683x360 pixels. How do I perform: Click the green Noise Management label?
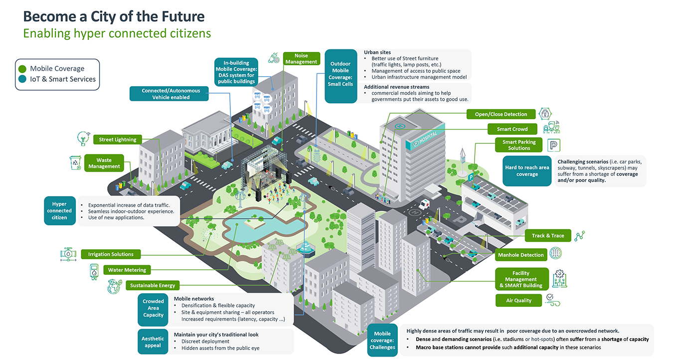tap(301, 59)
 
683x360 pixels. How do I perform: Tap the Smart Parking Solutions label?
tap(519, 145)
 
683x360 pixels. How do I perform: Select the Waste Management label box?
tap(104, 164)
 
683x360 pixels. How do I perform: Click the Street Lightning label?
tap(118, 140)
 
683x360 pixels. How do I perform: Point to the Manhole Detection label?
tap(521, 255)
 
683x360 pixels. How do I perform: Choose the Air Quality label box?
tap(519, 300)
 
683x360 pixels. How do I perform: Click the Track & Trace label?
tap(548, 236)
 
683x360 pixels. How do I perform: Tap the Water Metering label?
tap(127, 270)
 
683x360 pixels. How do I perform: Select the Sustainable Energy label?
tap(153, 285)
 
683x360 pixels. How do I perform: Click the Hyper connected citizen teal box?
tap(59, 211)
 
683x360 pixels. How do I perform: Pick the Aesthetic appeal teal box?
tap(153, 342)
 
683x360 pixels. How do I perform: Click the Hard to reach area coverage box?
tap(527, 171)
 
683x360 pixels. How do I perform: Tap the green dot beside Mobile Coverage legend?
tap(22, 69)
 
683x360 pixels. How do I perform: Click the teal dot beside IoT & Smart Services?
tap(22, 79)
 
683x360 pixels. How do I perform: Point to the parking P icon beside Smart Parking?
tap(554, 145)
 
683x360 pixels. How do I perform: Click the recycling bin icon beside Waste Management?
tap(76, 163)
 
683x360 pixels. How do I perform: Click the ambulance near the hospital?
tap(425, 204)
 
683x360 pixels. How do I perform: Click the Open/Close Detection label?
tap(501, 114)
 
